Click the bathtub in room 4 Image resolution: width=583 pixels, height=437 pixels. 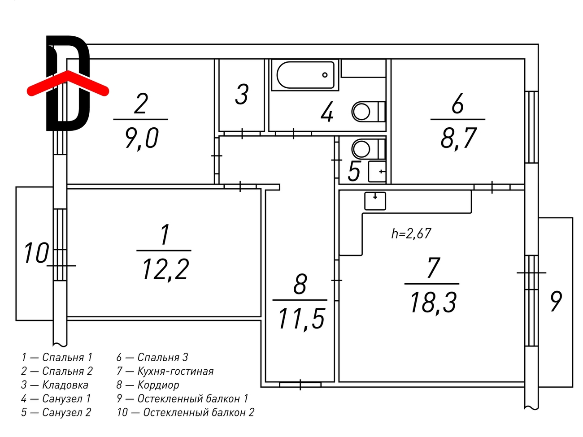click(x=305, y=75)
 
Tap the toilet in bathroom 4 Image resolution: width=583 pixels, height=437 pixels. click(x=368, y=112)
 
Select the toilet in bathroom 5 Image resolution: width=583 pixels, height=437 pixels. click(x=368, y=149)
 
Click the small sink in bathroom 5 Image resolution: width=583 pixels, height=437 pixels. click(x=377, y=171)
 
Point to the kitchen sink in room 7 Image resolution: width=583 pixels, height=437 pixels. click(x=375, y=201)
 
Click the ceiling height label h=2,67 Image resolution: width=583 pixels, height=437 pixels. click(x=411, y=234)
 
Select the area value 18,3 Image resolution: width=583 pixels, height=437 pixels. click(x=434, y=303)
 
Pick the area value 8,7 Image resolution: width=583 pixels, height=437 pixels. click(x=458, y=138)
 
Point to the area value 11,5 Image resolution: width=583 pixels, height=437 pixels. click(x=301, y=320)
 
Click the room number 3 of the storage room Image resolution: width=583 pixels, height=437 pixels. click(x=242, y=94)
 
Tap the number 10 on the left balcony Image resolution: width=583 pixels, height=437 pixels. click(x=36, y=253)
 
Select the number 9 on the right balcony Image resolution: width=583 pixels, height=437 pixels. click(x=556, y=302)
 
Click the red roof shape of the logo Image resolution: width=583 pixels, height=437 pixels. click(x=68, y=83)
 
